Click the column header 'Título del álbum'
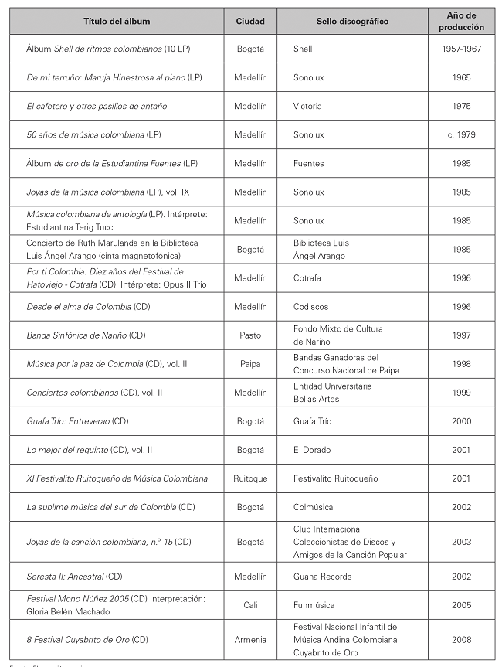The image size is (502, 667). [117, 21]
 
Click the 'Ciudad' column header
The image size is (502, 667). [250, 21]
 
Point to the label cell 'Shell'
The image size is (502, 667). [303, 49]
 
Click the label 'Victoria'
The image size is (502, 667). [307, 107]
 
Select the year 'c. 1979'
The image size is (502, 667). [461, 135]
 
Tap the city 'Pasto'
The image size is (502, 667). [250, 335]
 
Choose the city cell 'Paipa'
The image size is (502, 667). [250, 364]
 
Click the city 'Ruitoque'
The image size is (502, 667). [250, 478]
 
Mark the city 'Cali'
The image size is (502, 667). [250, 605]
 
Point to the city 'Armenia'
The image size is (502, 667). [250, 639]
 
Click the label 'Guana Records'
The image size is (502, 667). [322, 577]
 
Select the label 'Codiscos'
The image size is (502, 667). [310, 307]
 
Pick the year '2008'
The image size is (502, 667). [461, 639]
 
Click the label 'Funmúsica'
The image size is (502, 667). [313, 605]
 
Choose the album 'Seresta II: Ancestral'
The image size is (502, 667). [74, 577]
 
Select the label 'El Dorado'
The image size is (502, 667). [311, 450]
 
